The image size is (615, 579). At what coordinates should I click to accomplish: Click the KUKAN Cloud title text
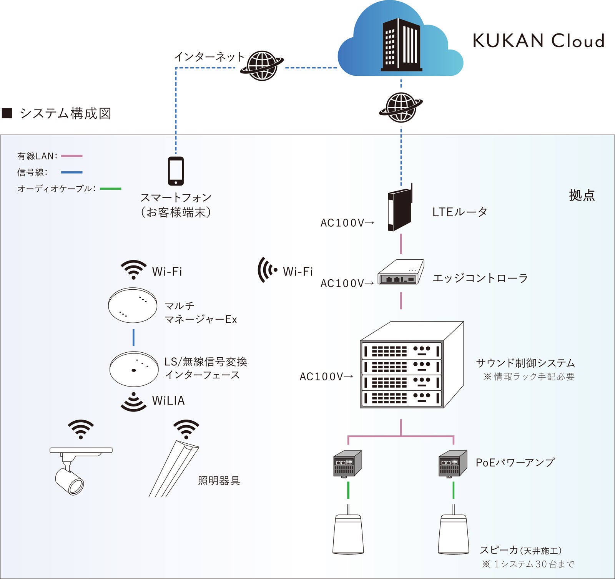(538, 41)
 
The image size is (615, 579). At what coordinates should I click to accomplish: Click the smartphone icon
(176, 171)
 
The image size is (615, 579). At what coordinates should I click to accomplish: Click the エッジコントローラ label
(480, 278)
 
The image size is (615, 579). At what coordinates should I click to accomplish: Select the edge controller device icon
(401, 272)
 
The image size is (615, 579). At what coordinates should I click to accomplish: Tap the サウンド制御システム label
(525, 363)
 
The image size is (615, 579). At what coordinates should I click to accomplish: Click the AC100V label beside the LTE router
(347, 223)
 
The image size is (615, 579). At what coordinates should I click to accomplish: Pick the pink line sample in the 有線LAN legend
(72, 156)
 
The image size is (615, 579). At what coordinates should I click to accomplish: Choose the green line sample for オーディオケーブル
(110, 189)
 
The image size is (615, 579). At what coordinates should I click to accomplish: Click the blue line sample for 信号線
(72, 173)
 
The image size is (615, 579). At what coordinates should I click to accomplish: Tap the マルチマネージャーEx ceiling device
(133, 305)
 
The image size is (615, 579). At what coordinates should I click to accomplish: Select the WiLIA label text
(168, 401)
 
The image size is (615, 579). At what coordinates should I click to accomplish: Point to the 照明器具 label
(219, 481)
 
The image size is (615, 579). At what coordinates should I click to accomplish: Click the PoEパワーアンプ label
(515, 462)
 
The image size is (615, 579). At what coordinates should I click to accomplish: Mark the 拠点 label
(582, 195)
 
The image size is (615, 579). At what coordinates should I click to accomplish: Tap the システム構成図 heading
(65, 113)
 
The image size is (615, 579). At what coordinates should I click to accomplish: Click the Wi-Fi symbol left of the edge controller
(267, 270)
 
